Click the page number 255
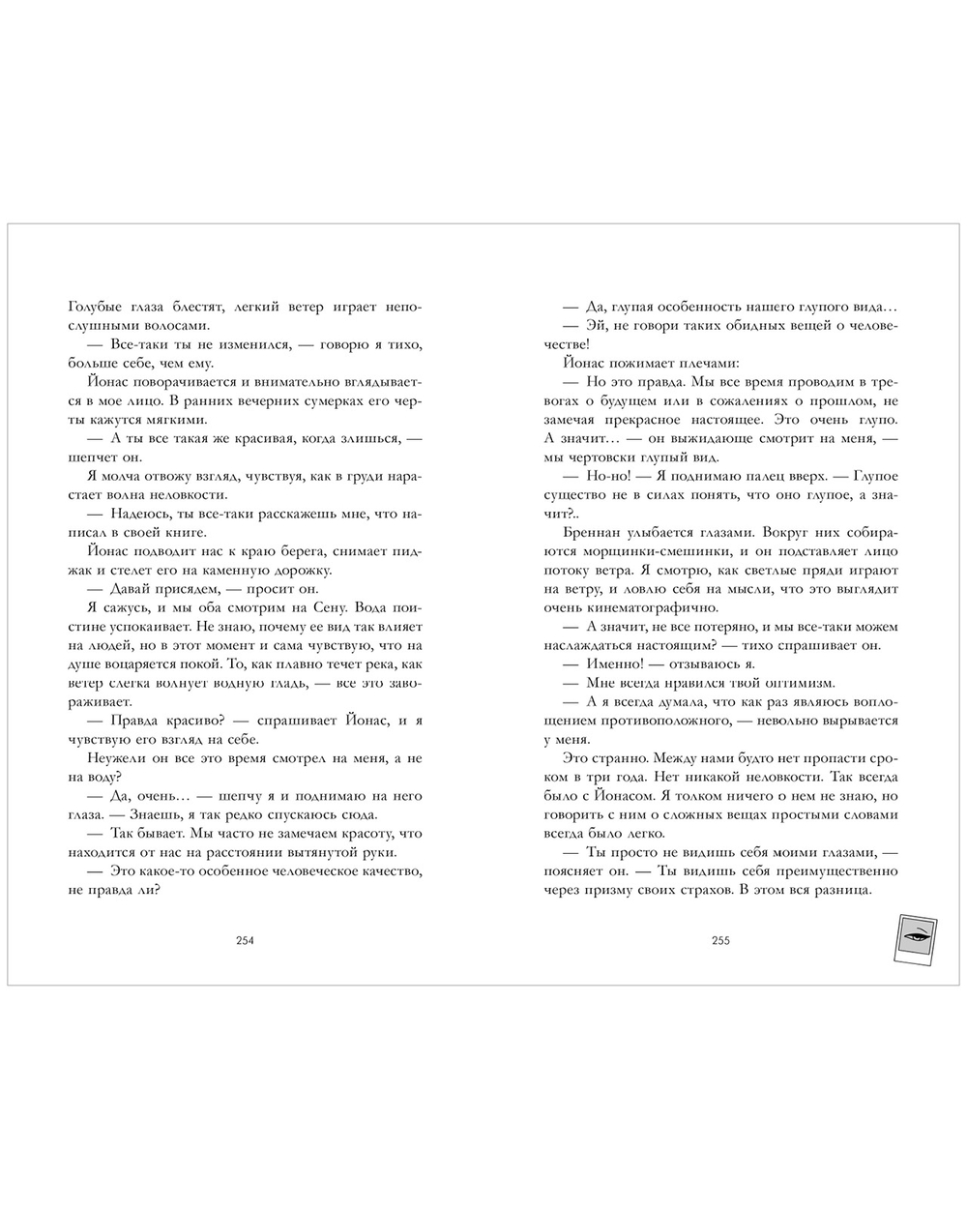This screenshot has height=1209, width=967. (x=720, y=941)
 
